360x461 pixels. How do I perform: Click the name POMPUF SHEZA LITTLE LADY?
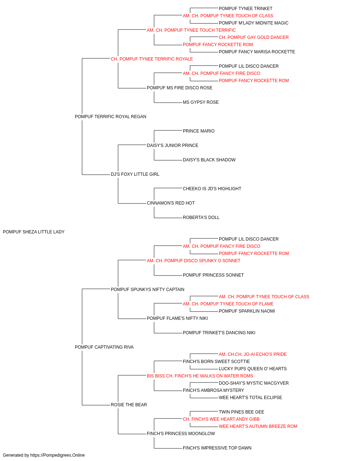(34, 232)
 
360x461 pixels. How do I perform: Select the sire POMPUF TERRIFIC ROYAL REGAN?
(111, 117)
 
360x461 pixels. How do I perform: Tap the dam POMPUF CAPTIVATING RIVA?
(104, 347)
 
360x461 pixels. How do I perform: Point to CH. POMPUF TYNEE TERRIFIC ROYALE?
(152, 59)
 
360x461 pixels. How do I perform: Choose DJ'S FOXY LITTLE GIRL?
(135, 174)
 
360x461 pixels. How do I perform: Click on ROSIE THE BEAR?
(129, 405)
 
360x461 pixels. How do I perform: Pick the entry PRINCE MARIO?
(199, 131)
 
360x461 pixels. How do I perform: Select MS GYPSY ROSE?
(201, 102)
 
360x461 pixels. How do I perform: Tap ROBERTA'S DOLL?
(201, 218)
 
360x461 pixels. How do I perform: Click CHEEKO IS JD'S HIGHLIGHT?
(212, 189)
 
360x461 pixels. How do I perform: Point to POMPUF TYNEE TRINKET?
(246, 9)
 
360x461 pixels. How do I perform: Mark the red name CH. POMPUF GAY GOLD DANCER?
(254, 37)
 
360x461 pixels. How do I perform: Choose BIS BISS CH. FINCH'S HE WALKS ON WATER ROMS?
(200, 376)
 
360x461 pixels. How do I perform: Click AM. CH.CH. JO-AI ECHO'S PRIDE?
(253, 354)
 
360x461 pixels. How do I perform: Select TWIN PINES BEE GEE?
(242, 412)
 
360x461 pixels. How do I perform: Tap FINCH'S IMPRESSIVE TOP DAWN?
(217, 448)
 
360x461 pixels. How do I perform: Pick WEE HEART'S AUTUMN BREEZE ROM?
(258, 426)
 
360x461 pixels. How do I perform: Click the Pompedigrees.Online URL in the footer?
(58, 455)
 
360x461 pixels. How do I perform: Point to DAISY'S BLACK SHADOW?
(209, 160)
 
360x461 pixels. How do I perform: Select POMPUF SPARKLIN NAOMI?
(247, 311)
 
